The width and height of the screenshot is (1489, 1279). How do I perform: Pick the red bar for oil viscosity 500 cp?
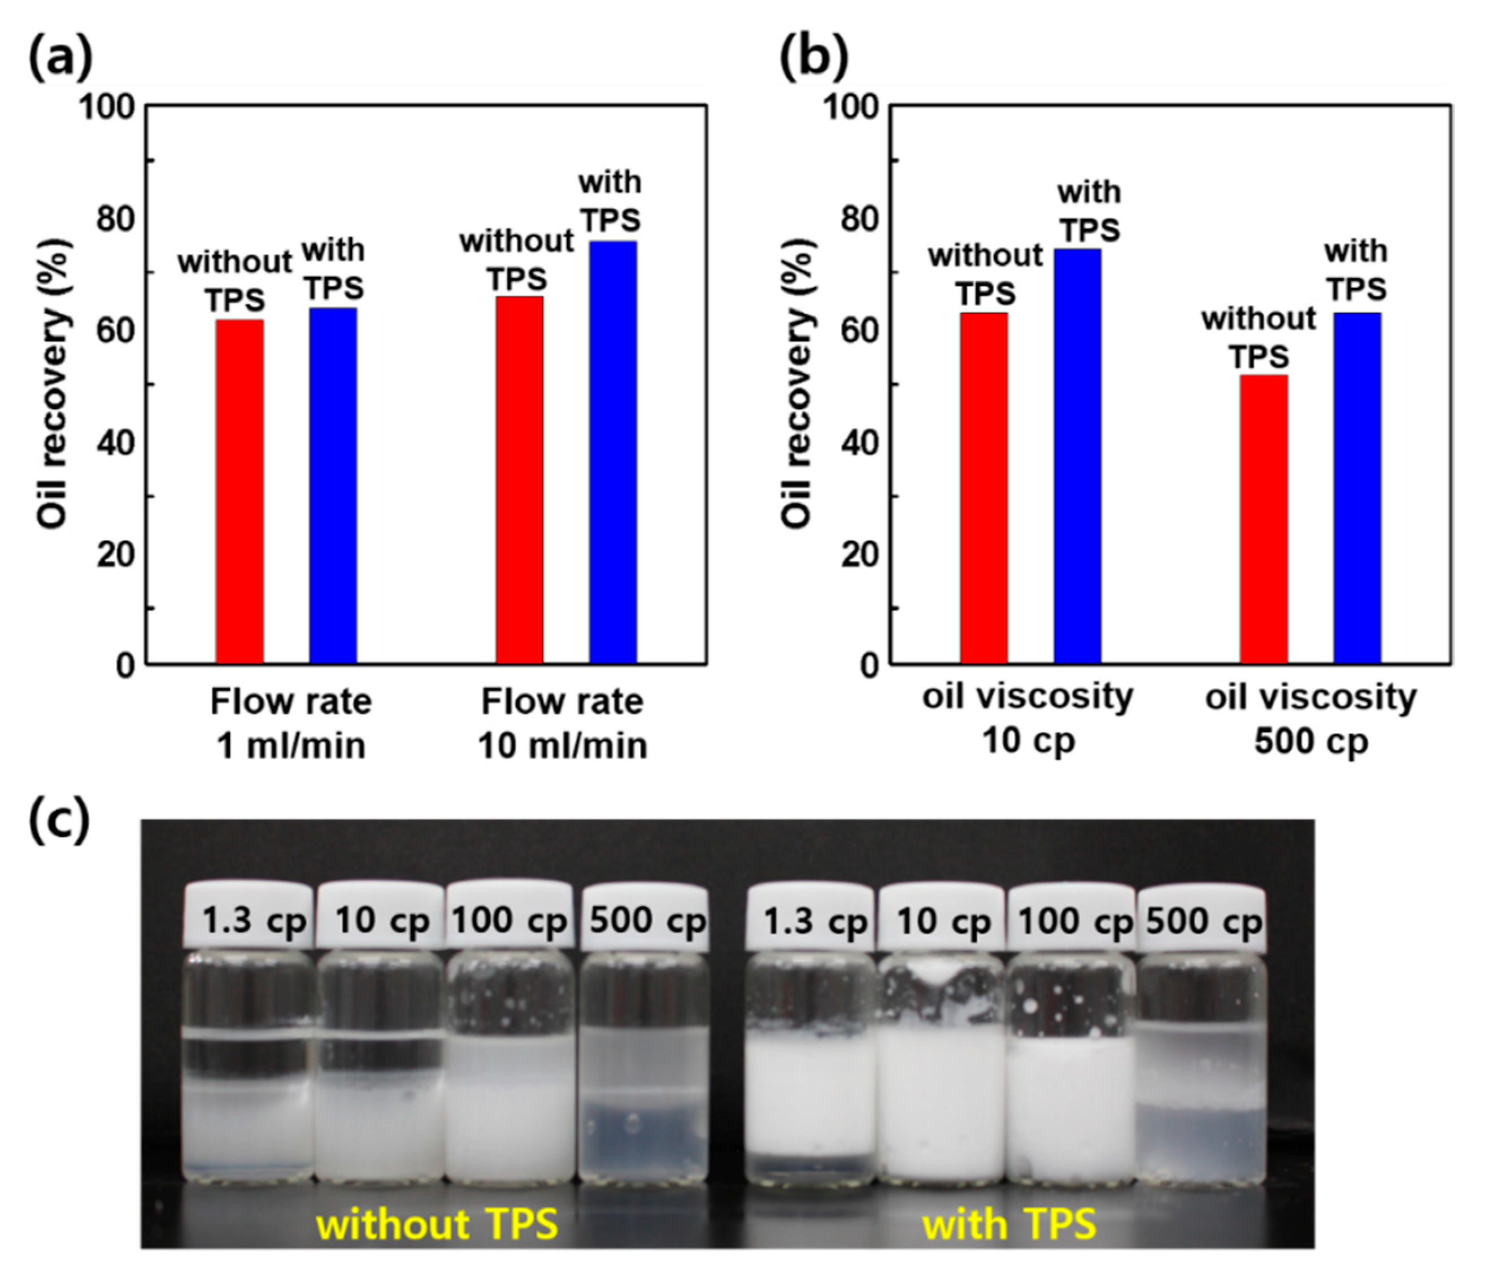(x=1264, y=519)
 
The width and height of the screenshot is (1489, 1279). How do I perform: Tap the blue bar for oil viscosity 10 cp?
(x=1077, y=456)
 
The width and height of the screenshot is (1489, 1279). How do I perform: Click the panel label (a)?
(x=60, y=58)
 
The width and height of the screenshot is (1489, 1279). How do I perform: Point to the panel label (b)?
(x=814, y=58)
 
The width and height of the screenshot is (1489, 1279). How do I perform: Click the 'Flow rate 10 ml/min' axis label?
(x=562, y=723)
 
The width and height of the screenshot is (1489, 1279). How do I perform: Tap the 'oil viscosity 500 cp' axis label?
(x=1311, y=719)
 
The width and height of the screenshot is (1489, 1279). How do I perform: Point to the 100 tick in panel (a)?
(x=106, y=108)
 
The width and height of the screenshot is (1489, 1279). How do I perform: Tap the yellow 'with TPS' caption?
(x=1009, y=1224)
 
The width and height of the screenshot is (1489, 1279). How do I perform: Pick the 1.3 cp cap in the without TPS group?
(x=249, y=916)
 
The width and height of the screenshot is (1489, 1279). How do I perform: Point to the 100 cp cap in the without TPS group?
(x=509, y=916)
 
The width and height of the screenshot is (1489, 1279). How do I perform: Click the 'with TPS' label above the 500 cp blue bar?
(x=1356, y=271)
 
